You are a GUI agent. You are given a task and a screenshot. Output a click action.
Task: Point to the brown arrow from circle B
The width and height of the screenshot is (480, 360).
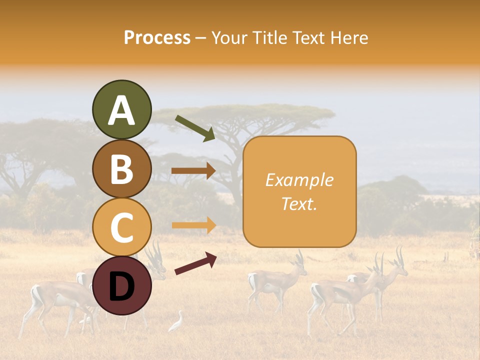193,171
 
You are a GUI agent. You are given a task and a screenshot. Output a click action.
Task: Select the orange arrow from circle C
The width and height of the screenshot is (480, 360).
193,225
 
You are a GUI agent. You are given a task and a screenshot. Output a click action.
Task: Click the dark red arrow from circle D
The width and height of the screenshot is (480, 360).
195,263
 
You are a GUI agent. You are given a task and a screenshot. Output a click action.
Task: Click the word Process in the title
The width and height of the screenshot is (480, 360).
157,37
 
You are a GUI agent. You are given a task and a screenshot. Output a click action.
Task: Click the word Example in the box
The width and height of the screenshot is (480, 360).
299,180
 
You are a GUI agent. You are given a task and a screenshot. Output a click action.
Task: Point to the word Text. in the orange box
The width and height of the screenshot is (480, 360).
299,204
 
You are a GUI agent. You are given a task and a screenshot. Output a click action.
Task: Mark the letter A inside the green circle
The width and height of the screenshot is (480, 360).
122,110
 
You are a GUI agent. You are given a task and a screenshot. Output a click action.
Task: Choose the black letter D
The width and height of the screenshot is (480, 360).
122,286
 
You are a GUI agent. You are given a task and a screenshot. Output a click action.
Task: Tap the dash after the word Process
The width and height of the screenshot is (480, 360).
200,38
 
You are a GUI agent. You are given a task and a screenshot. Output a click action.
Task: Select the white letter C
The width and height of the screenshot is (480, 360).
122,227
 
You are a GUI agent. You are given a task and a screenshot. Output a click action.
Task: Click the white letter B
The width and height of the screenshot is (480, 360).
122,169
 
